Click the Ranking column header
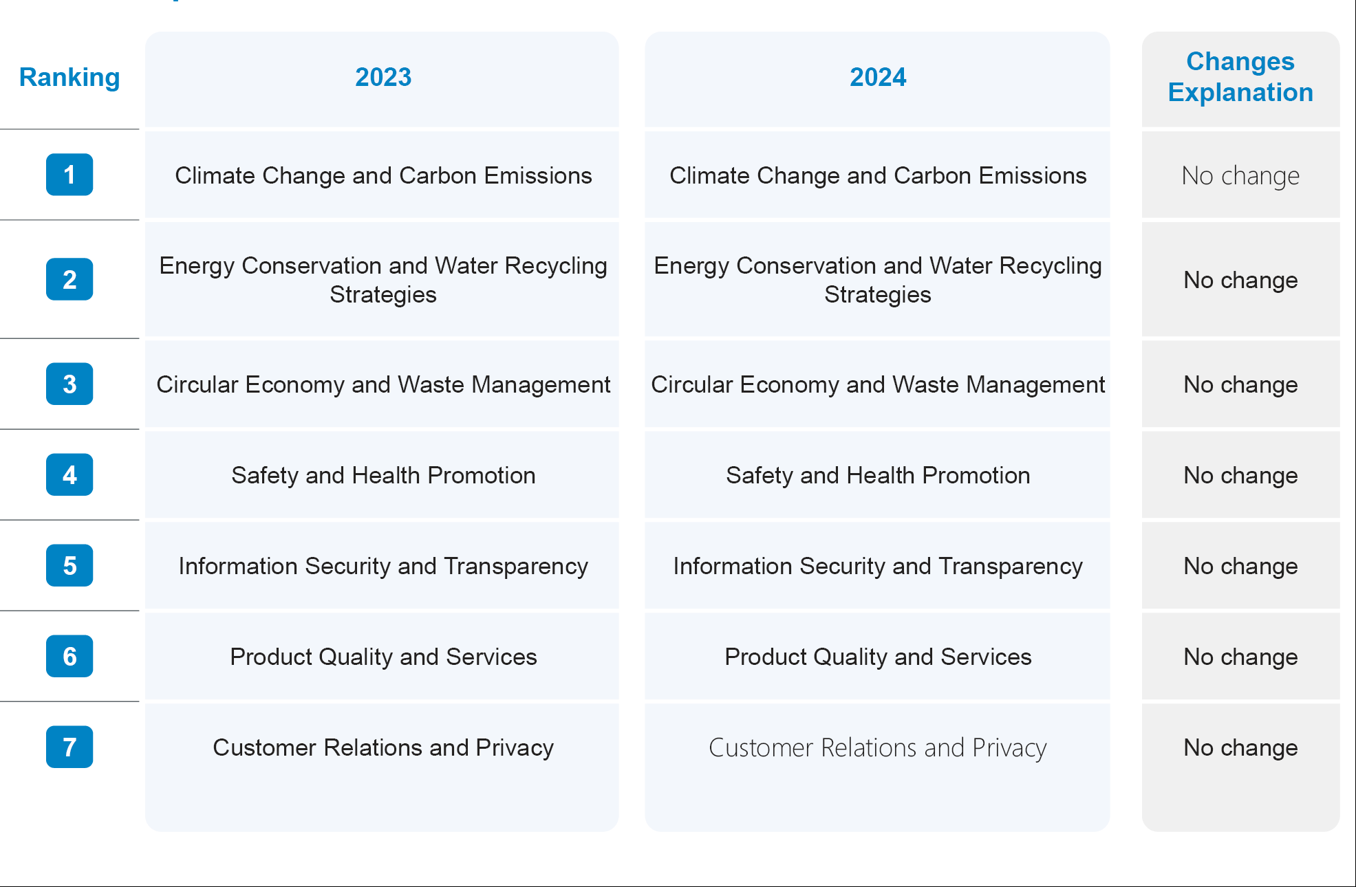click(69, 78)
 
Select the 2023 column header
click(383, 78)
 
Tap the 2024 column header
click(877, 78)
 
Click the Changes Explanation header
click(1240, 77)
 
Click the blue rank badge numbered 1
click(69, 175)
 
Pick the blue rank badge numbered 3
click(69, 384)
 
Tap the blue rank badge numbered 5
click(69, 565)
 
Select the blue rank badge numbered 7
click(69, 747)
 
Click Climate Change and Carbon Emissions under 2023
click(383, 176)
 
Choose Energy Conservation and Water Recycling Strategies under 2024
click(877, 280)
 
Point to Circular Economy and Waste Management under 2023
click(383, 385)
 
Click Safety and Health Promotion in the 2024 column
click(877, 476)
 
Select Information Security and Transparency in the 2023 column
click(383, 567)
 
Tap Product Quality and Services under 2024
click(877, 657)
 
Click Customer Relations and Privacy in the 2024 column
click(877, 748)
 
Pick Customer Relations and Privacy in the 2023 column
click(383, 748)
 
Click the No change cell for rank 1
click(1240, 176)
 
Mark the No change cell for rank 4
click(1240, 476)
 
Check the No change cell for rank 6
click(1240, 657)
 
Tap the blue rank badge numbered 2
click(69, 279)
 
